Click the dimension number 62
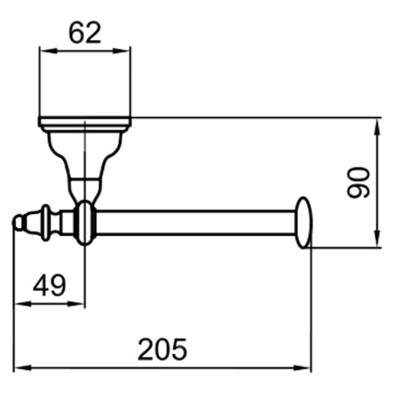pos(85,33)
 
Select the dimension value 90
pos(359,183)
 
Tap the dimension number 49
pos(50,286)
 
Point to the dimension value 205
pos(162,349)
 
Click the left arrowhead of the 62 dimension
pos(47,51)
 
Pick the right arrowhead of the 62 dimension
pos(121,51)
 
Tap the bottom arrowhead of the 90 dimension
pos(377,239)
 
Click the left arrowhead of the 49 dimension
pos(23,304)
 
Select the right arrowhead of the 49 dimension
pos(76,304)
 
